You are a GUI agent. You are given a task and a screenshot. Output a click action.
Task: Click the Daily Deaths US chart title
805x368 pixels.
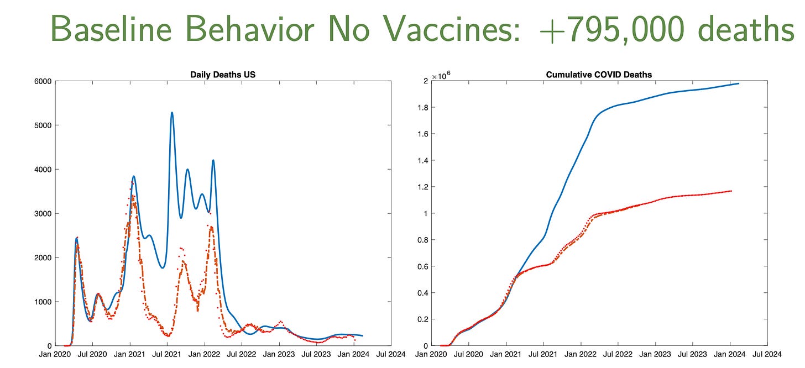[223, 74]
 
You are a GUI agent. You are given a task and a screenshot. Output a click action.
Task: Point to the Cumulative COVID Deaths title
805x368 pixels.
[591, 74]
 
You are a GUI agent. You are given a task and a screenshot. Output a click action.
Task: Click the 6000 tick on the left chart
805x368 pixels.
[44, 81]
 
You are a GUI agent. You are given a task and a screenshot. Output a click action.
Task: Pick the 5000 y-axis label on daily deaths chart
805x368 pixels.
[44, 125]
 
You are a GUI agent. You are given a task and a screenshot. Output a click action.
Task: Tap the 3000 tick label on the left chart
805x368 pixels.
[44, 214]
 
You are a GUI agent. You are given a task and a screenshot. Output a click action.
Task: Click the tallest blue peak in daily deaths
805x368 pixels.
[172, 113]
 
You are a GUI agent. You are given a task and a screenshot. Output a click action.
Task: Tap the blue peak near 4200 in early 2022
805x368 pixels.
[213, 161]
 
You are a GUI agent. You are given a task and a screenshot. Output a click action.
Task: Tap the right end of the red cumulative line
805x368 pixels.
[731, 191]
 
